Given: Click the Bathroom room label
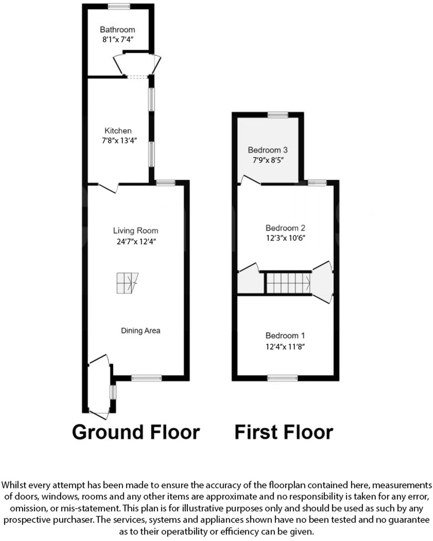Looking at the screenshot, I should [117, 30].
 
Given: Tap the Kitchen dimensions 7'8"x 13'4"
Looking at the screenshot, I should [119, 141].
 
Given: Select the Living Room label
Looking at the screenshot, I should [136, 231].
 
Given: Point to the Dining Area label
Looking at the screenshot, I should [141, 330].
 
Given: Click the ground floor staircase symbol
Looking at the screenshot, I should [127, 283].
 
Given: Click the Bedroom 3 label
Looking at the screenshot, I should [268, 150].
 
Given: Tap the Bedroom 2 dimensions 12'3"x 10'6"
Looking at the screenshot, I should [286, 238].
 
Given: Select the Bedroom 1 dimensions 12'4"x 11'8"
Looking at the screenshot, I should [285, 346].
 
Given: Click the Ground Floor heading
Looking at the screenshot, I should [136, 432].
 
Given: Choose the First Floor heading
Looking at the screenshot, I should [284, 432].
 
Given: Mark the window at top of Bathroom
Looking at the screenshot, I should [119, 6].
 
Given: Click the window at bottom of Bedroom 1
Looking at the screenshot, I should [282, 378].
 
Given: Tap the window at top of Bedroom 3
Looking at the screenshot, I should [278, 115].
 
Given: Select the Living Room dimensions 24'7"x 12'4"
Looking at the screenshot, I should [136, 241].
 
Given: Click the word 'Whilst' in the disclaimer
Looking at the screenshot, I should [13, 485].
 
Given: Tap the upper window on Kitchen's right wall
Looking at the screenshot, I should [151, 99].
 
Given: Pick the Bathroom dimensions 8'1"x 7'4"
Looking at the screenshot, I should [118, 40].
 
